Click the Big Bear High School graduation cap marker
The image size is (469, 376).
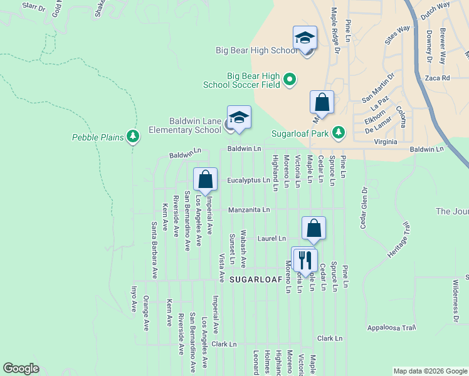(x=305, y=38)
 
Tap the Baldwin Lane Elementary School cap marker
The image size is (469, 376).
(x=239, y=118)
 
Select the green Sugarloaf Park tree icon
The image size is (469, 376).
(x=339, y=132)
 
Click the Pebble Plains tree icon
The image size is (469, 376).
(x=132, y=136)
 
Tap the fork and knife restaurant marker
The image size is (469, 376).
(x=305, y=259)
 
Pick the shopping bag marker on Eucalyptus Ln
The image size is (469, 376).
(x=205, y=180)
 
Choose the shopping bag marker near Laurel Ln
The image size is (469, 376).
(x=314, y=229)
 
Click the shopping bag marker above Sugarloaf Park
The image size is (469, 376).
(x=322, y=103)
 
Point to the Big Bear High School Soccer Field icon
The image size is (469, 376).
(x=289, y=79)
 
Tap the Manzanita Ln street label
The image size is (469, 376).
(x=248, y=209)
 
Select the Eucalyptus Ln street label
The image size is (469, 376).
(x=248, y=180)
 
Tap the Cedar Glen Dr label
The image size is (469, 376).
(x=363, y=207)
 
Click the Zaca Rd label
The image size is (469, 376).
(x=437, y=78)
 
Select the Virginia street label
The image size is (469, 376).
(x=384, y=142)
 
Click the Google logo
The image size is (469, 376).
(x=21, y=368)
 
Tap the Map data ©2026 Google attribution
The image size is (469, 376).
(x=429, y=371)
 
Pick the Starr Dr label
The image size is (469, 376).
(x=34, y=8)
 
